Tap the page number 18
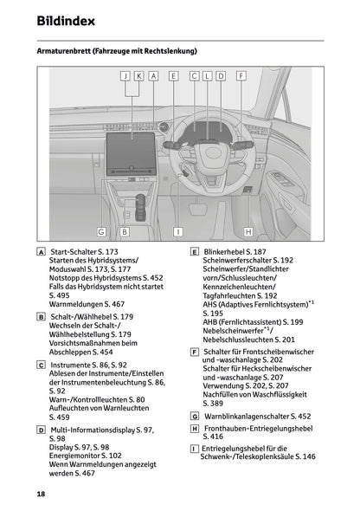pyautogui.click(x=41, y=494)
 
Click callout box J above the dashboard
pyautogui.click(x=127, y=76)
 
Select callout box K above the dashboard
pyautogui.click(x=139, y=76)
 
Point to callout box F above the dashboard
pyautogui.click(x=241, y=76)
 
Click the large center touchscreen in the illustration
pyautogui.click(x=132, y=136)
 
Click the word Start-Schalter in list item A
pyautogui.click(x=76, y=250)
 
